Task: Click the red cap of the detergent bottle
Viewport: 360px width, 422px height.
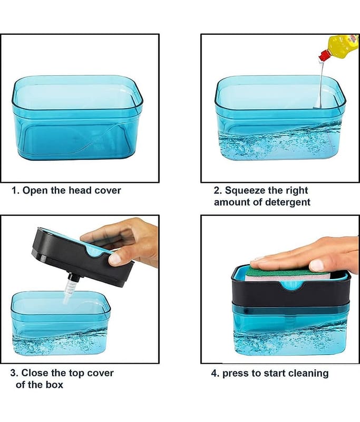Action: tap(324, 55)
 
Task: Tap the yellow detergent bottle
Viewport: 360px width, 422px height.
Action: tap(343, 44)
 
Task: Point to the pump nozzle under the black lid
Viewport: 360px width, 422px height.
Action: tap(71, 287)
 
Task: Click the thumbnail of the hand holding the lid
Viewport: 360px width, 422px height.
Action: tap(115, 259)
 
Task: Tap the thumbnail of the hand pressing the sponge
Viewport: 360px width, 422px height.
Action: tap(316, 265)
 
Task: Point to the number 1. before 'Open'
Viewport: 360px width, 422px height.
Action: tap(16, 190)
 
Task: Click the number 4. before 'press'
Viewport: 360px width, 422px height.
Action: tap(215, 373)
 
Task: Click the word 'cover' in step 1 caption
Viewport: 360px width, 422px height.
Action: tap(108, 190)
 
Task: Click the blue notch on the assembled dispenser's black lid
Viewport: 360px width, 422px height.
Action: tap(291, 285)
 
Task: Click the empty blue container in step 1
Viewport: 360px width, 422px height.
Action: tap(77, 118)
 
